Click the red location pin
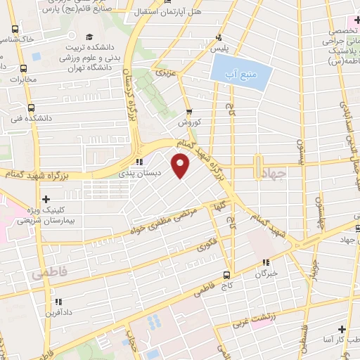pyautogui.click(x=181, y=166)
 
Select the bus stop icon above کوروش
pyautogui.click(x=189, y=110)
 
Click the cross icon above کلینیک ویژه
pyautogui.click(x=46, y=199)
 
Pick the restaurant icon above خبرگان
pyautogui.click(x=265, y=262)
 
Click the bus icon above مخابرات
pyautogui.click(x=24, y=69)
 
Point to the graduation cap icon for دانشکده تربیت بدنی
pyautogui.click(x=89, y=37)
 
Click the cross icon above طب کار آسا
pyautogui.click(x=341, y=329)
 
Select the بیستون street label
pyautogui.click(x=300, y=148)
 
